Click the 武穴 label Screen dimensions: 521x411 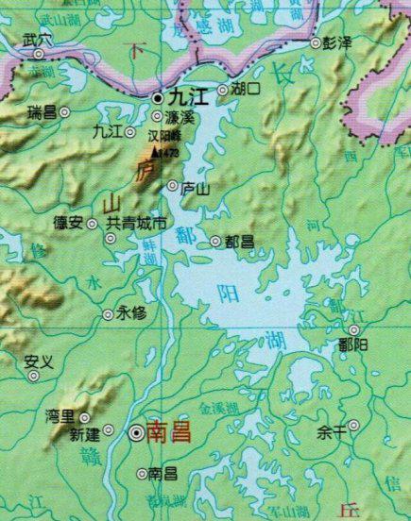tap(37, 41)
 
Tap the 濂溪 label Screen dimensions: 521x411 tap(179, 117)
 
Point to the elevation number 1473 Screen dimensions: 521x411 tap(170, 152)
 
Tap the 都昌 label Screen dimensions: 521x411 tap(240, 242)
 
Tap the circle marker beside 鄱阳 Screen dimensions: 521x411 tap(354, 330)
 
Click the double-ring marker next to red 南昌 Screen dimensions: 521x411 tap(138, 432)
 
